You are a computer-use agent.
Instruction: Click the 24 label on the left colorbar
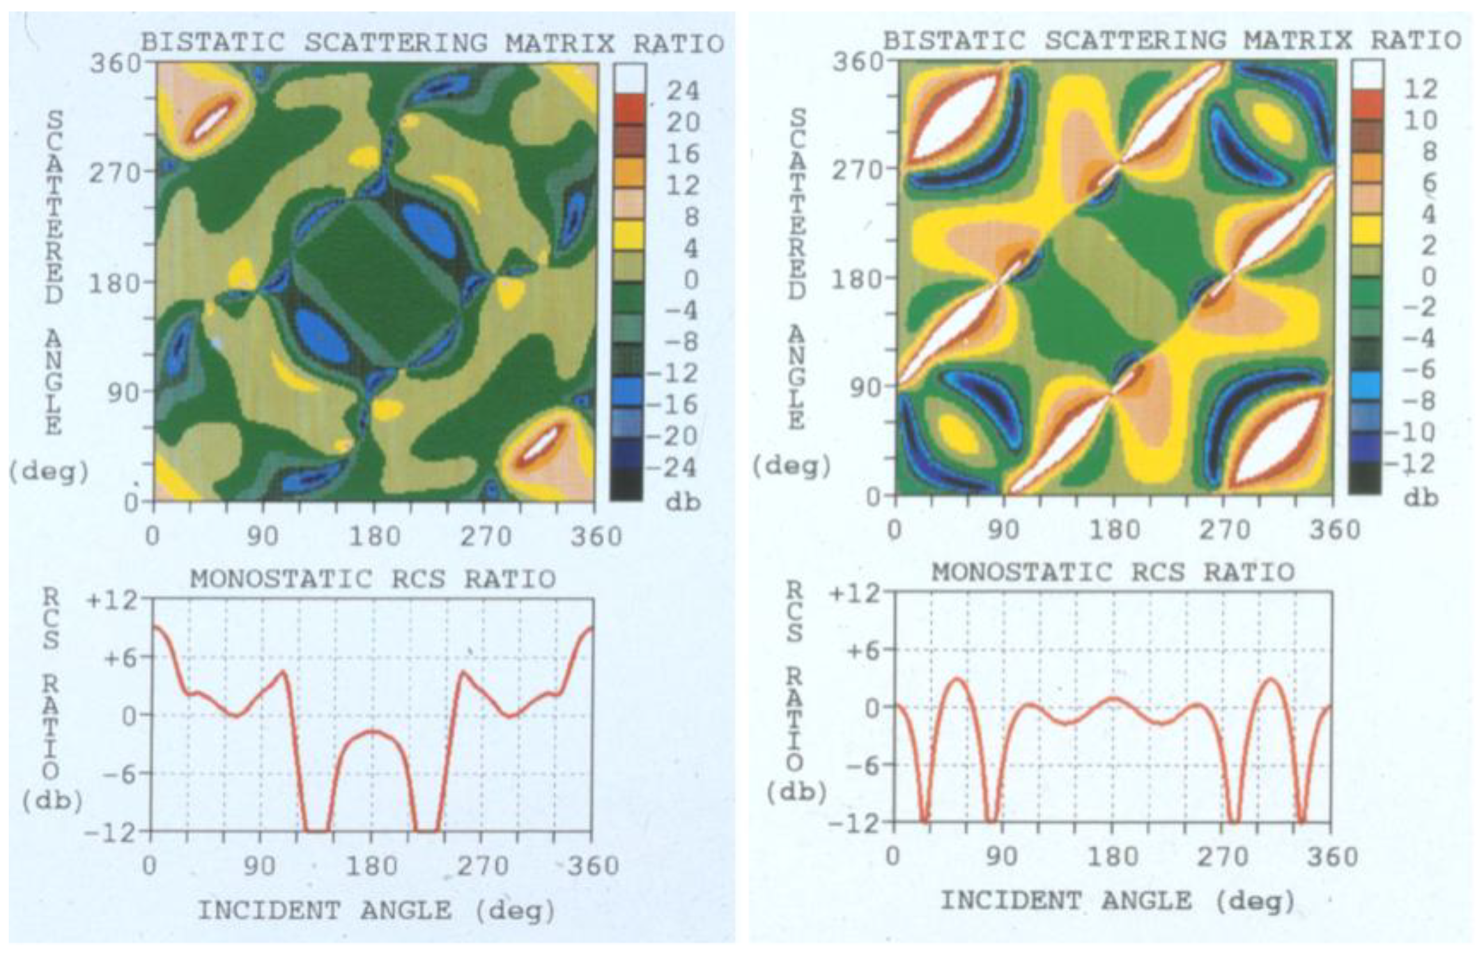coord(682,92)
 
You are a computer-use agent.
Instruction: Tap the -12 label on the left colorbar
coord(673,374)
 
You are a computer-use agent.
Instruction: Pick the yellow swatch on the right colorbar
coord(1365,230)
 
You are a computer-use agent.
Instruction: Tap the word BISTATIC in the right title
coord(954,41)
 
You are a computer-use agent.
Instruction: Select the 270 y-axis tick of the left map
coord(115,172)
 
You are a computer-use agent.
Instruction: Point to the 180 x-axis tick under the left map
coord(373,536)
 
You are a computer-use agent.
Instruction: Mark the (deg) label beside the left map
coord(48,472)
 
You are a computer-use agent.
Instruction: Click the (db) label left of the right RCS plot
coord(797,793)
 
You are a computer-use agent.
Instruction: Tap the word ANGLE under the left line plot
coord(406,911)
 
